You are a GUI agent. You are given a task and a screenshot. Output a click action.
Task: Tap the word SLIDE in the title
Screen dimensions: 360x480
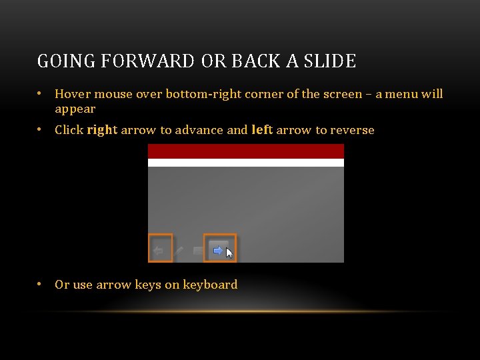coord(329,61)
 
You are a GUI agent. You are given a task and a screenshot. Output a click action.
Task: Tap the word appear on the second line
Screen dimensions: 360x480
coord(75,109)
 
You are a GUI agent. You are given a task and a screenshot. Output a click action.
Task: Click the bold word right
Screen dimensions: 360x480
coord(102,130)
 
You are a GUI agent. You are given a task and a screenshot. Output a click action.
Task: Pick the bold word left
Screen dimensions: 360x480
coord(262,130)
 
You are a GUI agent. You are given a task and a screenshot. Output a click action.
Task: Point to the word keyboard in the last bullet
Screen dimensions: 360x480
coord(210,285)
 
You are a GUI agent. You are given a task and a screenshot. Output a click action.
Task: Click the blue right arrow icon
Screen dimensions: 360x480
coord(217,251)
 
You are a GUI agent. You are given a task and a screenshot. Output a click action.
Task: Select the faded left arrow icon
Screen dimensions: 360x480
coord(159,251)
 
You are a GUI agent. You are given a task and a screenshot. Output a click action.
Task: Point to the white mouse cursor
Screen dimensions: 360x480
coord(229,253)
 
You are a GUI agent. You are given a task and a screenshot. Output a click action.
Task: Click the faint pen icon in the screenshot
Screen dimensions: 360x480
coord(179,251)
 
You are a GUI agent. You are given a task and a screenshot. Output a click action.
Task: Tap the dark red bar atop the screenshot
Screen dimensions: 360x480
coord(245,151)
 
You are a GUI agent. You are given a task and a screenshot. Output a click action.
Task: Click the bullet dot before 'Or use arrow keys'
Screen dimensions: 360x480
coord(41,284)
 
